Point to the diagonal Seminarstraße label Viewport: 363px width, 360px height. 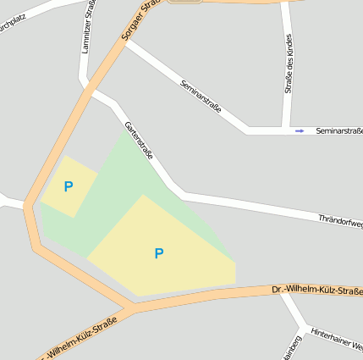(201, 97)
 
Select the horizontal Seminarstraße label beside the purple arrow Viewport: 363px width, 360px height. (338, 130)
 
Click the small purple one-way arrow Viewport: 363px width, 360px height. (299, 130)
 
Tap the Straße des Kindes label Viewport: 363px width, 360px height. (289, 64)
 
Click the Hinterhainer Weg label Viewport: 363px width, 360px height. (337, 340)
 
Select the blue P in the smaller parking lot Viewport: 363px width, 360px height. (69, 186)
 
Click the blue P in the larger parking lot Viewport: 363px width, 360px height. (159, 253)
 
